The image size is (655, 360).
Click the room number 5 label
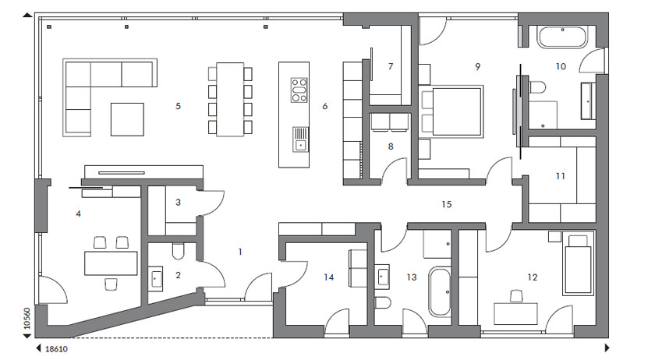click(x=178, y=106)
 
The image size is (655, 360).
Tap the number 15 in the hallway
click(x=447, y=204)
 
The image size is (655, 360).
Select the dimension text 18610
click(x=56, y=349)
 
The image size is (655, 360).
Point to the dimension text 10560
click(x=27, y=319)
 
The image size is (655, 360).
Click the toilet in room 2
click(x=178, y=252)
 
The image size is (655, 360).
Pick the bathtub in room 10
click(x=563, y=37)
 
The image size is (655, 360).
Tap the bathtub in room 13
click(x=440, y=292)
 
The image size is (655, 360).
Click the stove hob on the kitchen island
click(x=299, y=90)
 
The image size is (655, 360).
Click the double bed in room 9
click(x=452, y=111)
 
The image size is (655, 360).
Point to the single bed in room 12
click(x=578, y=264)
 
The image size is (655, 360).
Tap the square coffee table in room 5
click(x=127, y=119)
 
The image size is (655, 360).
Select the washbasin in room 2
click(x=155, y=278)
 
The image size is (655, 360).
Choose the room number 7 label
click(x=391, y=66)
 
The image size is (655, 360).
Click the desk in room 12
click(x=516, y=314)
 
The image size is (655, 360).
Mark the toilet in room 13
click(x=383, y=302)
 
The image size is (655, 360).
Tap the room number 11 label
click(x=560, y=176)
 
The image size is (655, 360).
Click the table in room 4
click(x=111, y=263)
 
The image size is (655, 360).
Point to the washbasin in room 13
click(x=382, y=276)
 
